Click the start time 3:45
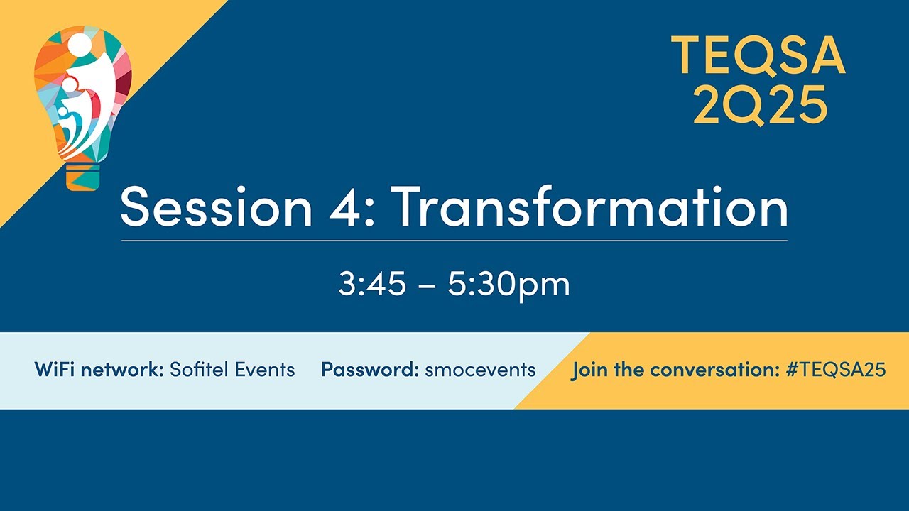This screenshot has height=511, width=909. [x=372, y=285]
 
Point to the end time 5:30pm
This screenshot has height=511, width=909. [x=508, y=285]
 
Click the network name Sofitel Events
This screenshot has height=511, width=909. [x=232, y=370]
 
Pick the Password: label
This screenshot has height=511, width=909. [x=369, y=370]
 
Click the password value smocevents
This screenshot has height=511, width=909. [x=480, y=370]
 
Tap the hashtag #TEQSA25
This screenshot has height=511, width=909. [x=836, y=370]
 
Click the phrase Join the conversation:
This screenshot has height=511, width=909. [x=675, y=370]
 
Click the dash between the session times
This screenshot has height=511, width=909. [x=427, y=286]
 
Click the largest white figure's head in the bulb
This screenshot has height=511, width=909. [x=80, y=45]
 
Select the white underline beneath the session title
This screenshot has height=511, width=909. [x=454, y=241]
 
